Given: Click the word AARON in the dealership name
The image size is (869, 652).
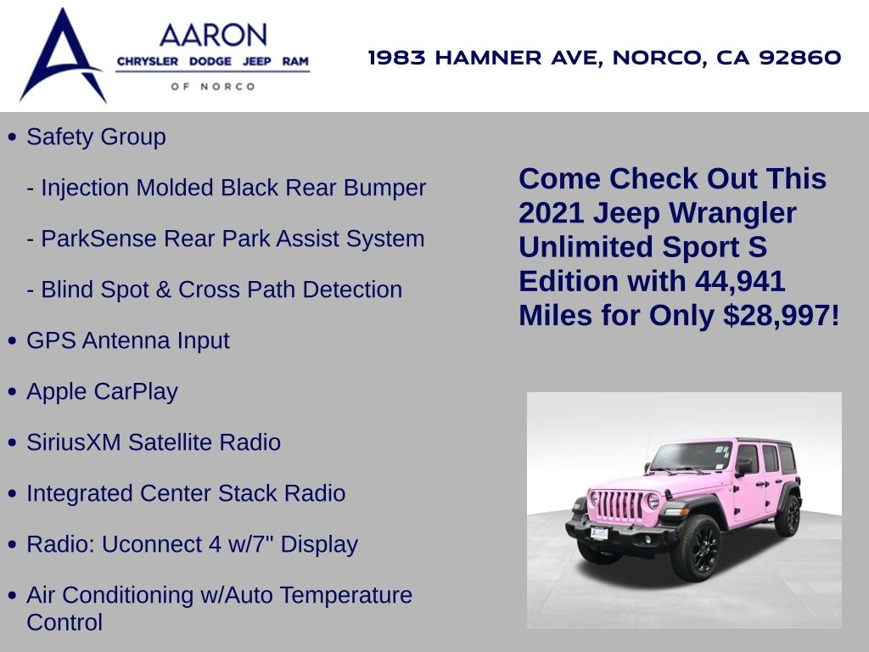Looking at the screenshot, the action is click(213, 36).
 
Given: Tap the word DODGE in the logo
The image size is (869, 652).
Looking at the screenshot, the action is click(210, 61).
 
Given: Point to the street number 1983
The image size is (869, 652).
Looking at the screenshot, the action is click(397, 57).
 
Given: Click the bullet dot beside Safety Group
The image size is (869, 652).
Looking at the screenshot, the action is click(13, 137).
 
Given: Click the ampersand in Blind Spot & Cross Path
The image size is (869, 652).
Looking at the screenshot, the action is click(164, 290).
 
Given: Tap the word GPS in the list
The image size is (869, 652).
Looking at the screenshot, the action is click(51, 340).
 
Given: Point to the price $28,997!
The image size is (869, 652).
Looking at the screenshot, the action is click(782, 316).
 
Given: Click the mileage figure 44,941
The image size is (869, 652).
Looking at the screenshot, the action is click(740, 281).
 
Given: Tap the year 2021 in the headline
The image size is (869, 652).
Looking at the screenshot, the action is click(552, 213).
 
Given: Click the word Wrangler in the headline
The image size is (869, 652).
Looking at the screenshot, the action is click(732, 214).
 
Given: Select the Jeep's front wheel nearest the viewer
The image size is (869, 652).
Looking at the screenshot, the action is click(697, 548).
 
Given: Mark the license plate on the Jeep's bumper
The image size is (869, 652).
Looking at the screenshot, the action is click(599, 533).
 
